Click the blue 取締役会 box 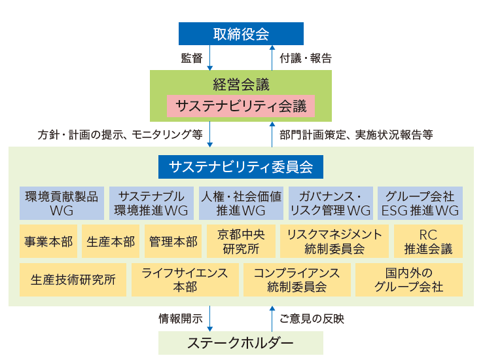241,34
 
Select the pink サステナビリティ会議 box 241,106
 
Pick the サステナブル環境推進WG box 151,203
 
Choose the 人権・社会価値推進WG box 241,203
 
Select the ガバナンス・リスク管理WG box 331,203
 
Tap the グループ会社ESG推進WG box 420,203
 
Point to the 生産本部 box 111,242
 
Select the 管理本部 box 173,242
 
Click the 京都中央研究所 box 241,242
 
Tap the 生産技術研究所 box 73,279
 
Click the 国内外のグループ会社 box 409,279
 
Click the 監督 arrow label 191,58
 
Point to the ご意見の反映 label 312,319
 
